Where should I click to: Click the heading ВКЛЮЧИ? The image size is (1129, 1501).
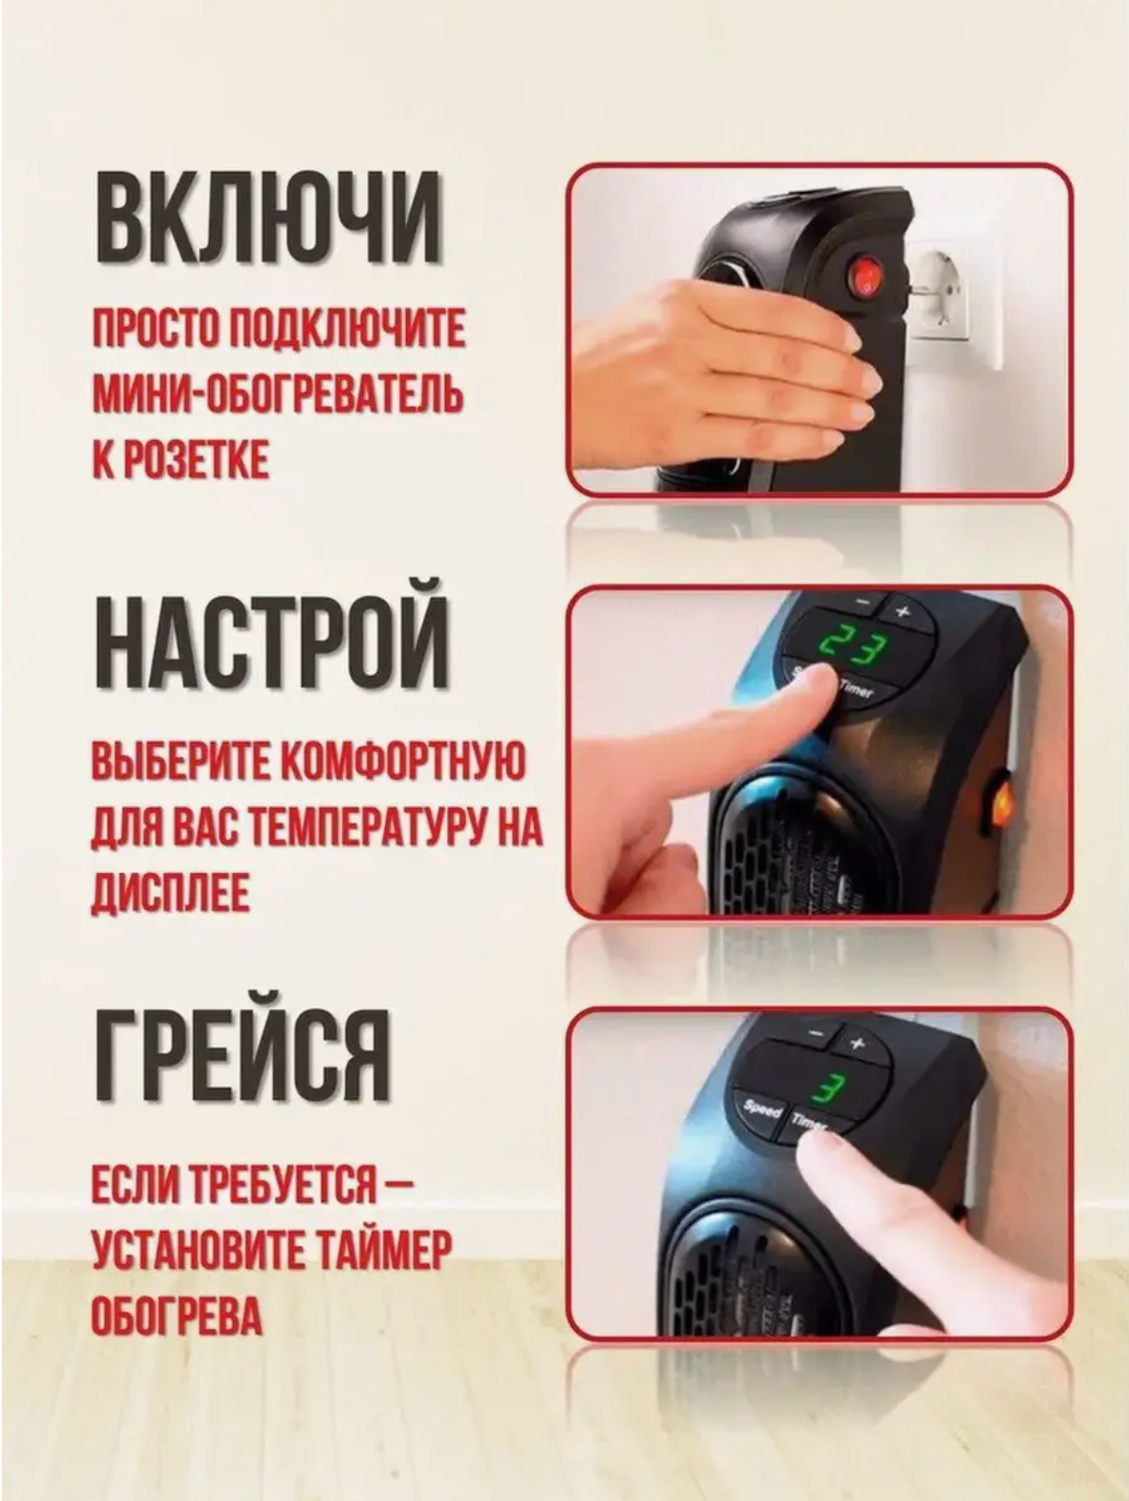click(x=268, y=216)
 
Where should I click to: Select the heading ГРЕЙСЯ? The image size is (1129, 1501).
click(x=244, y=1055)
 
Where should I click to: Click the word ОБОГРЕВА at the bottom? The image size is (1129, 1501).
click(x=176, y=1316)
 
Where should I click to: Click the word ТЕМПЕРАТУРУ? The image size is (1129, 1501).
click(x=373, y=828)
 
